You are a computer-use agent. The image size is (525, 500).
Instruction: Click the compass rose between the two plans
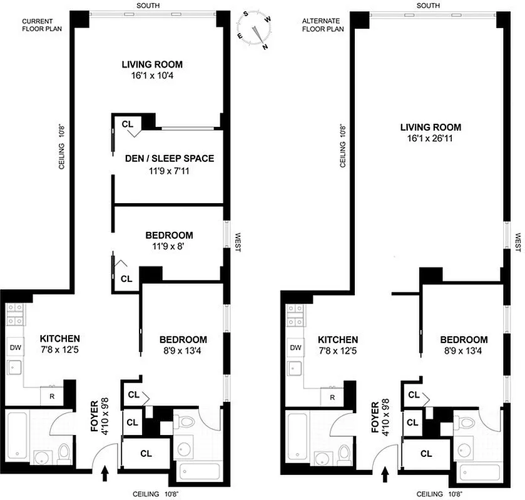click(x=255, y=31)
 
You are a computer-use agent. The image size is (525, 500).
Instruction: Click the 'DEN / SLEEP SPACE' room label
click(x=168, y=159)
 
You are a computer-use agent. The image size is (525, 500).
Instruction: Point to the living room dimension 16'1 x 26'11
click(x=431, y=139)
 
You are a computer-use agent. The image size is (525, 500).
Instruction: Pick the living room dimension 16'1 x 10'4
click(x=152, y=76)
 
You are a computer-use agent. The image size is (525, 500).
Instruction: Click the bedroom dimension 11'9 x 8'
click(x=169, y=247)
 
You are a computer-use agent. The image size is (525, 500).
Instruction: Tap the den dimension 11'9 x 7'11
click(x=168, y=171)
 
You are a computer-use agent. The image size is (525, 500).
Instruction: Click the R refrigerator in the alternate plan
click(x=332, y=397)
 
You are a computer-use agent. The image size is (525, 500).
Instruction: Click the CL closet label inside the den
click(x=128, y=124)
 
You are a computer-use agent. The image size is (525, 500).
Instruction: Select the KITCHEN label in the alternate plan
click(x=338, y=339)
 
